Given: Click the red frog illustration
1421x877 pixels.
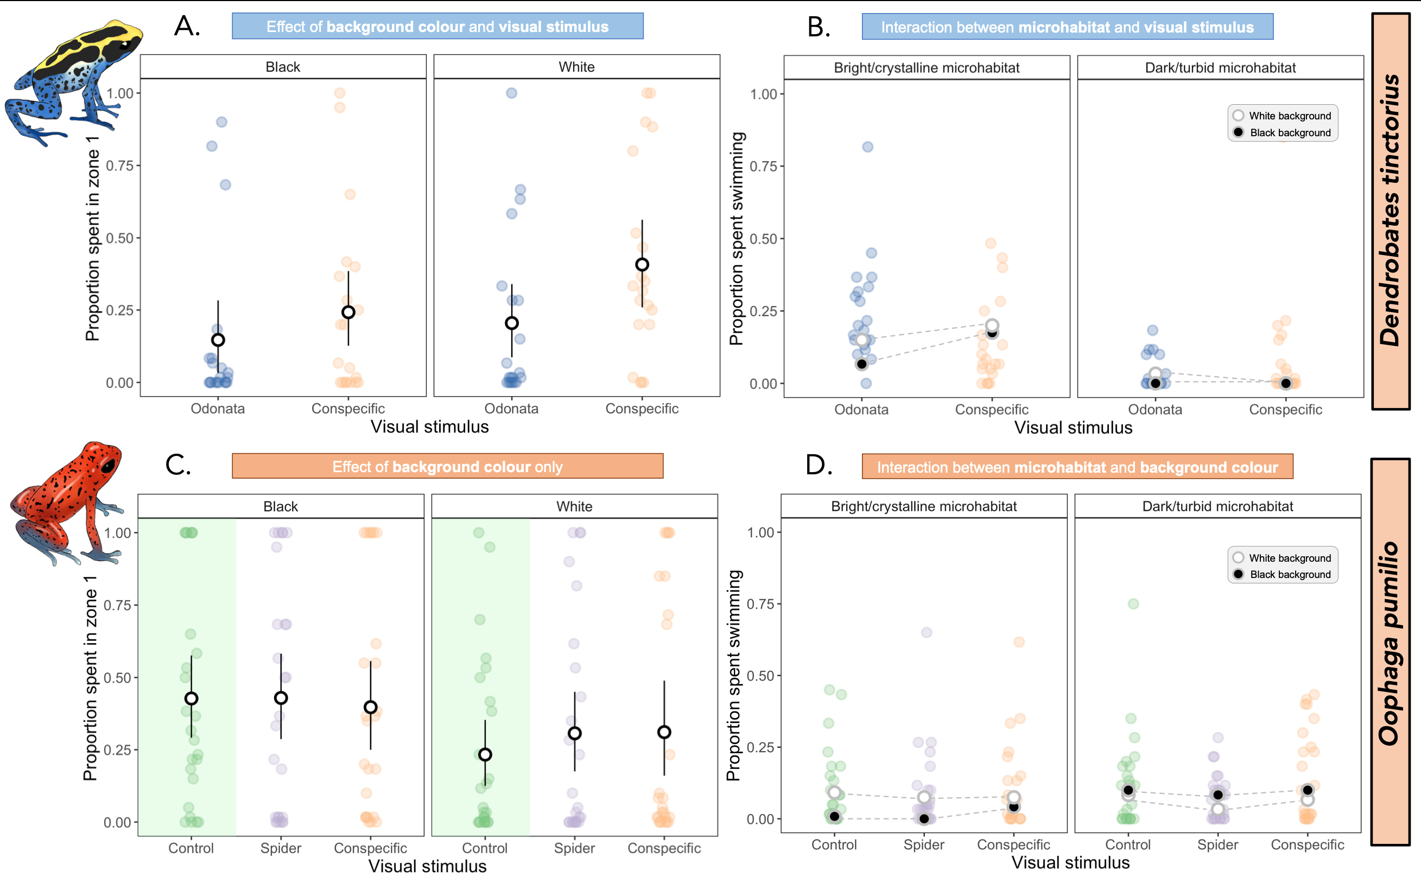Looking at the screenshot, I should tap(67, 501).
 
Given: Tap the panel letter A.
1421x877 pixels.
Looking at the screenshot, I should tap(187, 27).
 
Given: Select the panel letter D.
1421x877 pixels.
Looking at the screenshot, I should tap(819, 465).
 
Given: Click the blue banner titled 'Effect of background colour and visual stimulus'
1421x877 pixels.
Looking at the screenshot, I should tap(437, 27).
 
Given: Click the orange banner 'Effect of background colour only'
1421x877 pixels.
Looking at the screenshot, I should tap(447, 466).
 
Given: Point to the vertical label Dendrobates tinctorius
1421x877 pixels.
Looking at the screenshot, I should tap(1390, 211).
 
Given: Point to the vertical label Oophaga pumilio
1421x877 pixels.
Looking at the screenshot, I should tap(1390, 644).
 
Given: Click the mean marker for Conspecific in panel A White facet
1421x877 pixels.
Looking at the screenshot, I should tap(642, 264).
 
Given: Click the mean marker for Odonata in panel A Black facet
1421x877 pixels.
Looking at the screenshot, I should tap(218, 340).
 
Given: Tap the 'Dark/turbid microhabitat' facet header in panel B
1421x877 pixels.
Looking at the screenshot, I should tap(1220, 68).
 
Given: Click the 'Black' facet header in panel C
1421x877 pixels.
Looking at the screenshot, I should tap(281, 506).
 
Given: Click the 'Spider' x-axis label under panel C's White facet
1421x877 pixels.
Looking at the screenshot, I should tap(574, 848).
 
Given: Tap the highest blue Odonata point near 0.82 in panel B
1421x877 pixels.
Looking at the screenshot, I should tap(867, 147).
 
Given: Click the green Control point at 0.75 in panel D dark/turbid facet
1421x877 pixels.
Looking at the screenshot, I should tap(1133, 604).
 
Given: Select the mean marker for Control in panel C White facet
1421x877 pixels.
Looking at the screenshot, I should tap(485, 754).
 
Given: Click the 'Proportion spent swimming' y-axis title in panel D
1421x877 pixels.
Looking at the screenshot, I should tap(734, 676).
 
